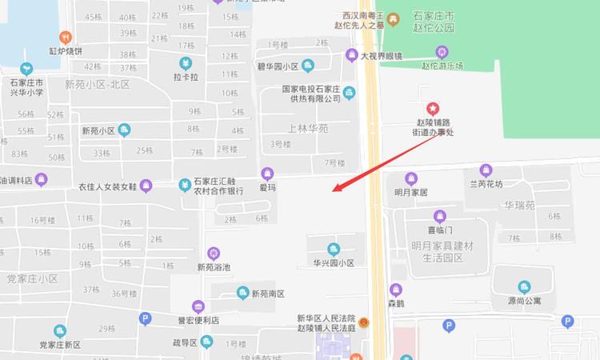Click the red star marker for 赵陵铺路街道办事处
click(433, 108)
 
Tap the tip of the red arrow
click(334, 192)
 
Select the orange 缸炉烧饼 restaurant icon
click(66, 37)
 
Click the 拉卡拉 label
click(186, 78)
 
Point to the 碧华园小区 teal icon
click(308, 66)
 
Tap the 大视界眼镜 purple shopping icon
click(351, 55)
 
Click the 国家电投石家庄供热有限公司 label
click(311, 94)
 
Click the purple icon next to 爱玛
click(267, 173)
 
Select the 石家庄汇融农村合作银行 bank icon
click(185, 186)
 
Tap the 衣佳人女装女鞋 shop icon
click(146, 186)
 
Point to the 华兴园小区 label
click(334, 262)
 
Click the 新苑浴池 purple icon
click(214, 254)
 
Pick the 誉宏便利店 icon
click(198, 306)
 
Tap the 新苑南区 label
click(268, 294)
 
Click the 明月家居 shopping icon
click(411, 178)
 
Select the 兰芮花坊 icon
click(486, 170)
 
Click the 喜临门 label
click(439, 230)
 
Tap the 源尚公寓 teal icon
click(524, 287)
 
